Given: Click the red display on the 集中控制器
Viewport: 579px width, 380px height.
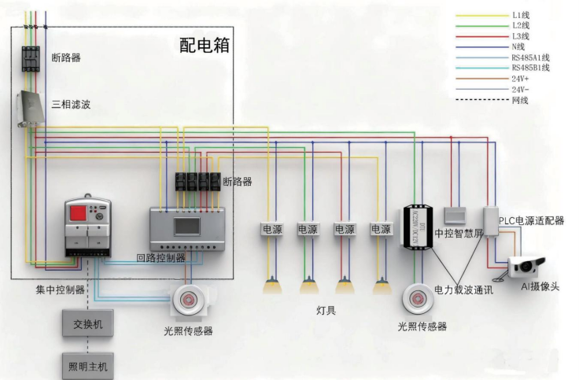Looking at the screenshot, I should tap(81, 213).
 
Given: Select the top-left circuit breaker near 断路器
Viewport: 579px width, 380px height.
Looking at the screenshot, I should tap(31, 58).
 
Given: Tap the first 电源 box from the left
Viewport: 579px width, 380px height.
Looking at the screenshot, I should tap(272, 230).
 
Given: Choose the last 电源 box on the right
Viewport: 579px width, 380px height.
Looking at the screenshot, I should tap(381, 230).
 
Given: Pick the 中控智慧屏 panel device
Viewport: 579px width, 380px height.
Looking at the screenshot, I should tap(455, 216).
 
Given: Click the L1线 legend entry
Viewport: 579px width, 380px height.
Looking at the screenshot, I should tap(520, 15).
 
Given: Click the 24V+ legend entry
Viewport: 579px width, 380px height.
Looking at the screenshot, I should tap(521, 79).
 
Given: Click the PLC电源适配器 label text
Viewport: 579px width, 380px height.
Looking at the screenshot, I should tap(531, 221).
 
